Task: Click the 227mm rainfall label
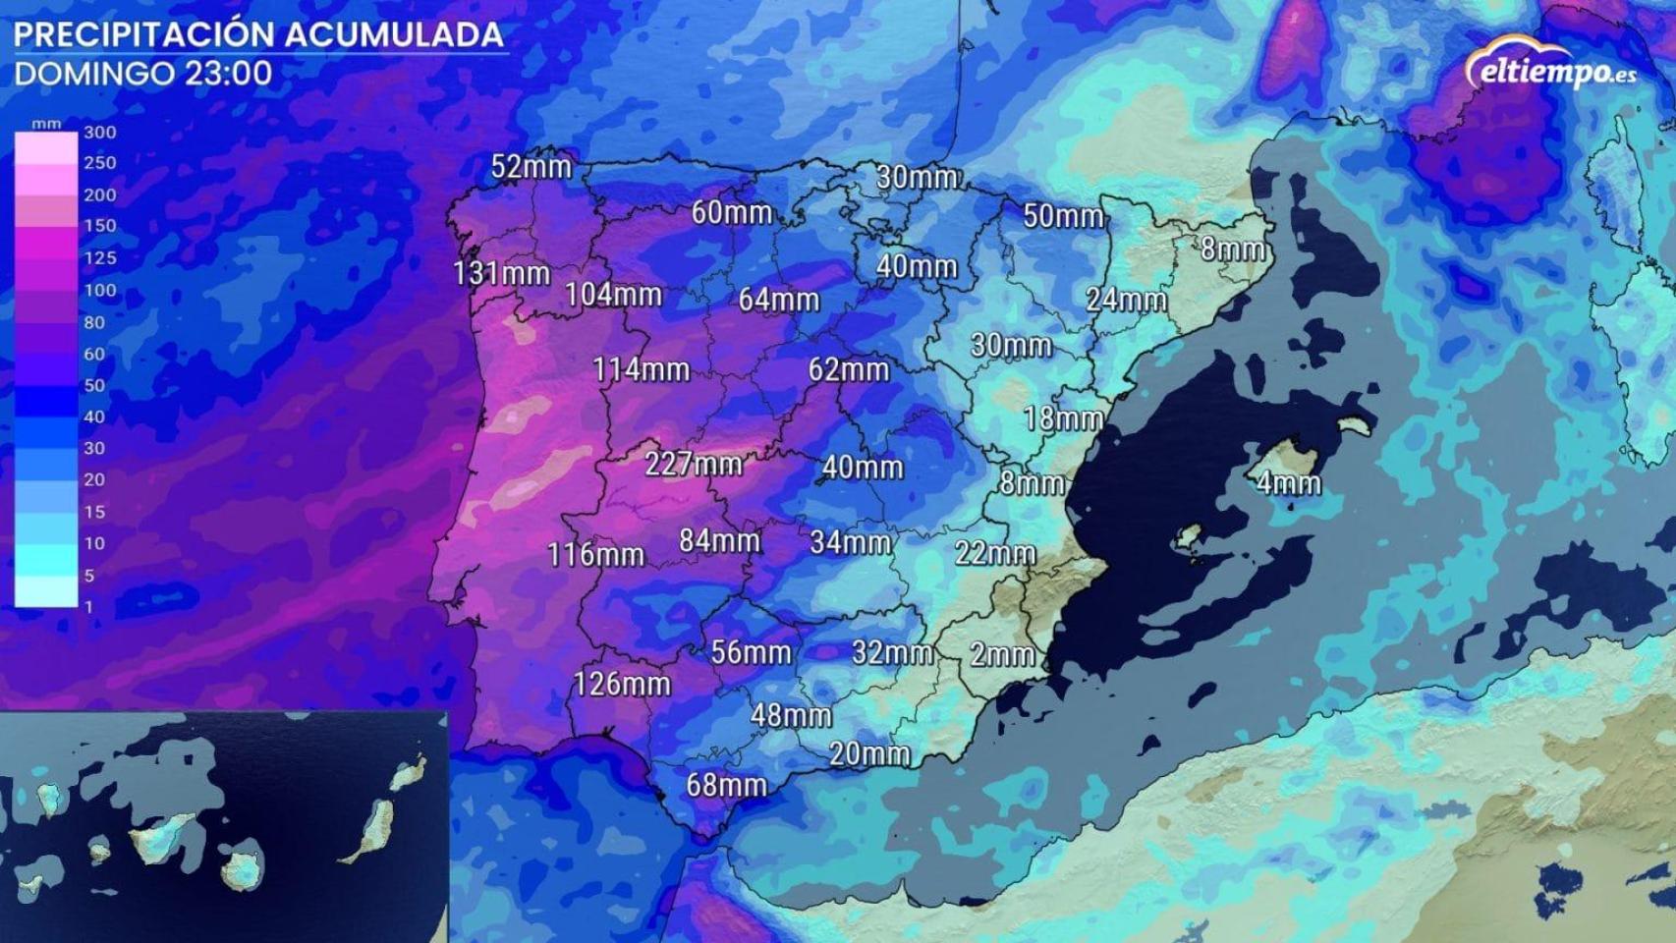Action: point(693,463)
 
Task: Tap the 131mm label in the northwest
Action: point(501,273)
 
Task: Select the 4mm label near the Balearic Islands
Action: point(1288,482)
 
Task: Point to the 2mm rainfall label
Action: point(1001,654)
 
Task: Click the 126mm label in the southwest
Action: point(621,683)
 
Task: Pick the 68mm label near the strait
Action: point(726,785)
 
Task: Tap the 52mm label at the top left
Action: point(531,166)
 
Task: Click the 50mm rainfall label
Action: point(1063,215)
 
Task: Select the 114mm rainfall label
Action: point(641,369)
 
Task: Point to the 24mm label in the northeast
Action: point(1126,299)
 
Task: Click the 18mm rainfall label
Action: point(1063,418)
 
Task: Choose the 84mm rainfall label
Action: point(719,540)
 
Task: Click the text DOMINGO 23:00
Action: point(143,74)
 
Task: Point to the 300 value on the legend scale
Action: point(99,133)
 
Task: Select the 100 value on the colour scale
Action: point(99,291)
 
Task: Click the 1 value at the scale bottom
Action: point(88,607)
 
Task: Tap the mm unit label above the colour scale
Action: point(46,124)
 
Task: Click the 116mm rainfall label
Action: point(595,554)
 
